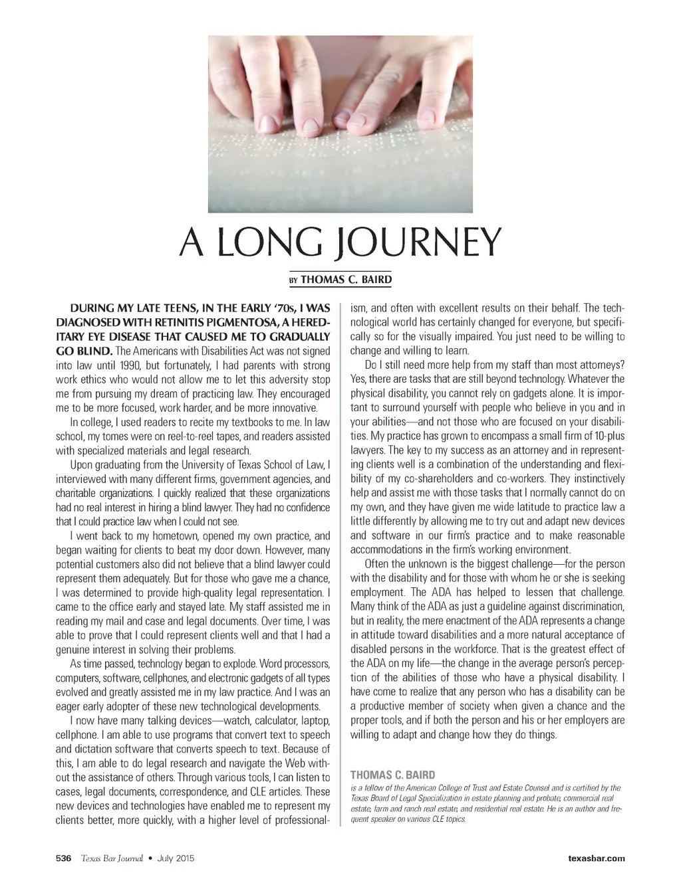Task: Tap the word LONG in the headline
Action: pos(265,243)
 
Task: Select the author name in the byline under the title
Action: pos(346,280)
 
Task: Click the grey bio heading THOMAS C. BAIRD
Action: pos(392,775)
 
